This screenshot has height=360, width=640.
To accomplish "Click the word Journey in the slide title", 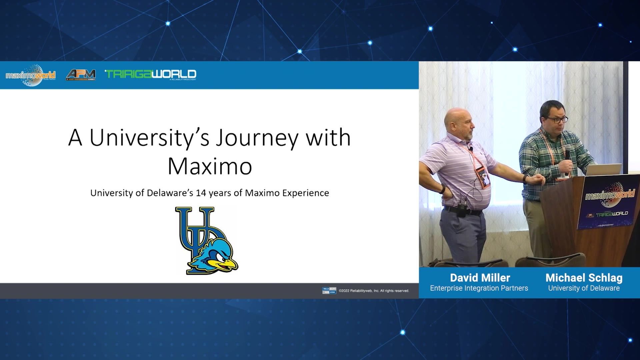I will [x=257, y=138].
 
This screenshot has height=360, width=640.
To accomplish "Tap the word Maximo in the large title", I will [x=210, y=166].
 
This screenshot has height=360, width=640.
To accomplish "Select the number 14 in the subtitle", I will [x=201, y=193].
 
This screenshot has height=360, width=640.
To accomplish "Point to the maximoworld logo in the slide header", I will [x=31, y=75].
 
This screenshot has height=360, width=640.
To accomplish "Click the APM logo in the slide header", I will [x=81, y=75].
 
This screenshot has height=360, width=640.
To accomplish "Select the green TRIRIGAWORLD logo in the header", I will [x=151, y=75].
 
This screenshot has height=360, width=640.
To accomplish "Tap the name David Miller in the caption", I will [x=480, y=278].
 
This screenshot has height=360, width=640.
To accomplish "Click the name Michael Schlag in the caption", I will [x=584, y=278].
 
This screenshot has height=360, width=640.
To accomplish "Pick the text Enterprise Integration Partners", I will [x=479, y=288].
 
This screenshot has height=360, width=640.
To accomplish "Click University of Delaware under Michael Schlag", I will [x=584, y=288].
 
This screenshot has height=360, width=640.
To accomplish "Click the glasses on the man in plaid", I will [x=556, y=119].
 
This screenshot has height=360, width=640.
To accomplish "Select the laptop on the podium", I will [x=603, y=169].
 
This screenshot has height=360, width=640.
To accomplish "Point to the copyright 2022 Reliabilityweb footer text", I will [x=374, y=291].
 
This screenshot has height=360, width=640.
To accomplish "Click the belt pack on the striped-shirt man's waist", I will [x=461, y=211].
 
